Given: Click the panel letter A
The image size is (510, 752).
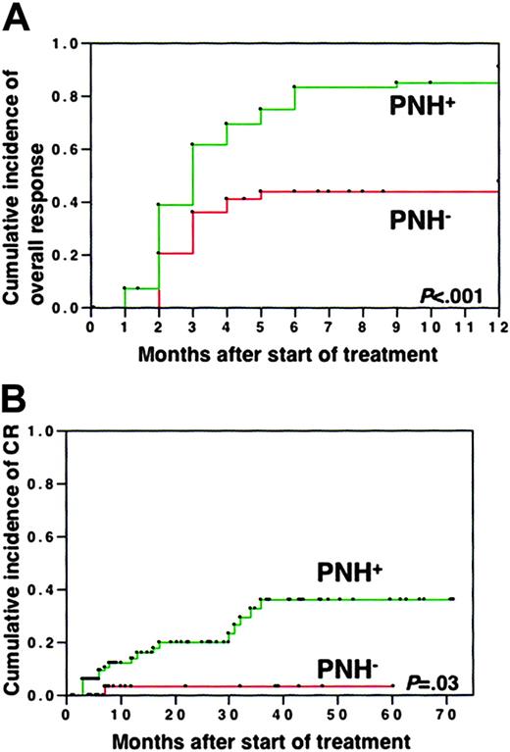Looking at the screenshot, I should pos(17,18).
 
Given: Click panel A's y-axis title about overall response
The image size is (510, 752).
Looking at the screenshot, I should pos(28,175).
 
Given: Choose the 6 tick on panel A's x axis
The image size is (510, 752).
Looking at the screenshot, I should pos(293,323).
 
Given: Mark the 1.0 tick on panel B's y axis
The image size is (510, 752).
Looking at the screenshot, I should pos(44,429).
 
